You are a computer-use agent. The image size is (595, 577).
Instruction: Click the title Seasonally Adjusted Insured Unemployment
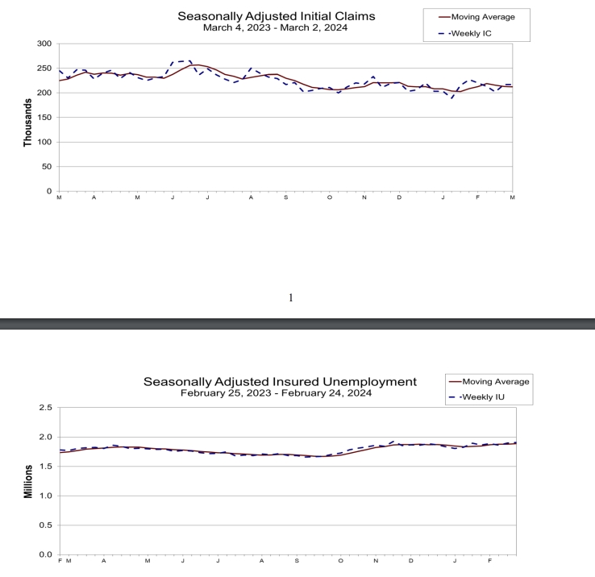280,381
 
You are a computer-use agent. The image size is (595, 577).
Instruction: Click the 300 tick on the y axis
44,44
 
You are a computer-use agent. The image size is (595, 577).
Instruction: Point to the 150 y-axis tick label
44,118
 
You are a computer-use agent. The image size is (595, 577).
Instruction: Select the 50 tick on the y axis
47,167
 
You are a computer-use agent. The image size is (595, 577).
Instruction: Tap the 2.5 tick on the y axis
46,409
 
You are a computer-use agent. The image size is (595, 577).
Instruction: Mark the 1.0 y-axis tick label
46,496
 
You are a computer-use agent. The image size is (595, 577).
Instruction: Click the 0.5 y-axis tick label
46,525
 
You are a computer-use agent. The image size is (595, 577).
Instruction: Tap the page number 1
291,297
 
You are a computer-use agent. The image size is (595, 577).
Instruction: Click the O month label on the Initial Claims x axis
329,197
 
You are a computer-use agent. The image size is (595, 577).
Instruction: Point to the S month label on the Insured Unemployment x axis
297,561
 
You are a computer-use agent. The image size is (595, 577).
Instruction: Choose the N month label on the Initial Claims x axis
364,197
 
